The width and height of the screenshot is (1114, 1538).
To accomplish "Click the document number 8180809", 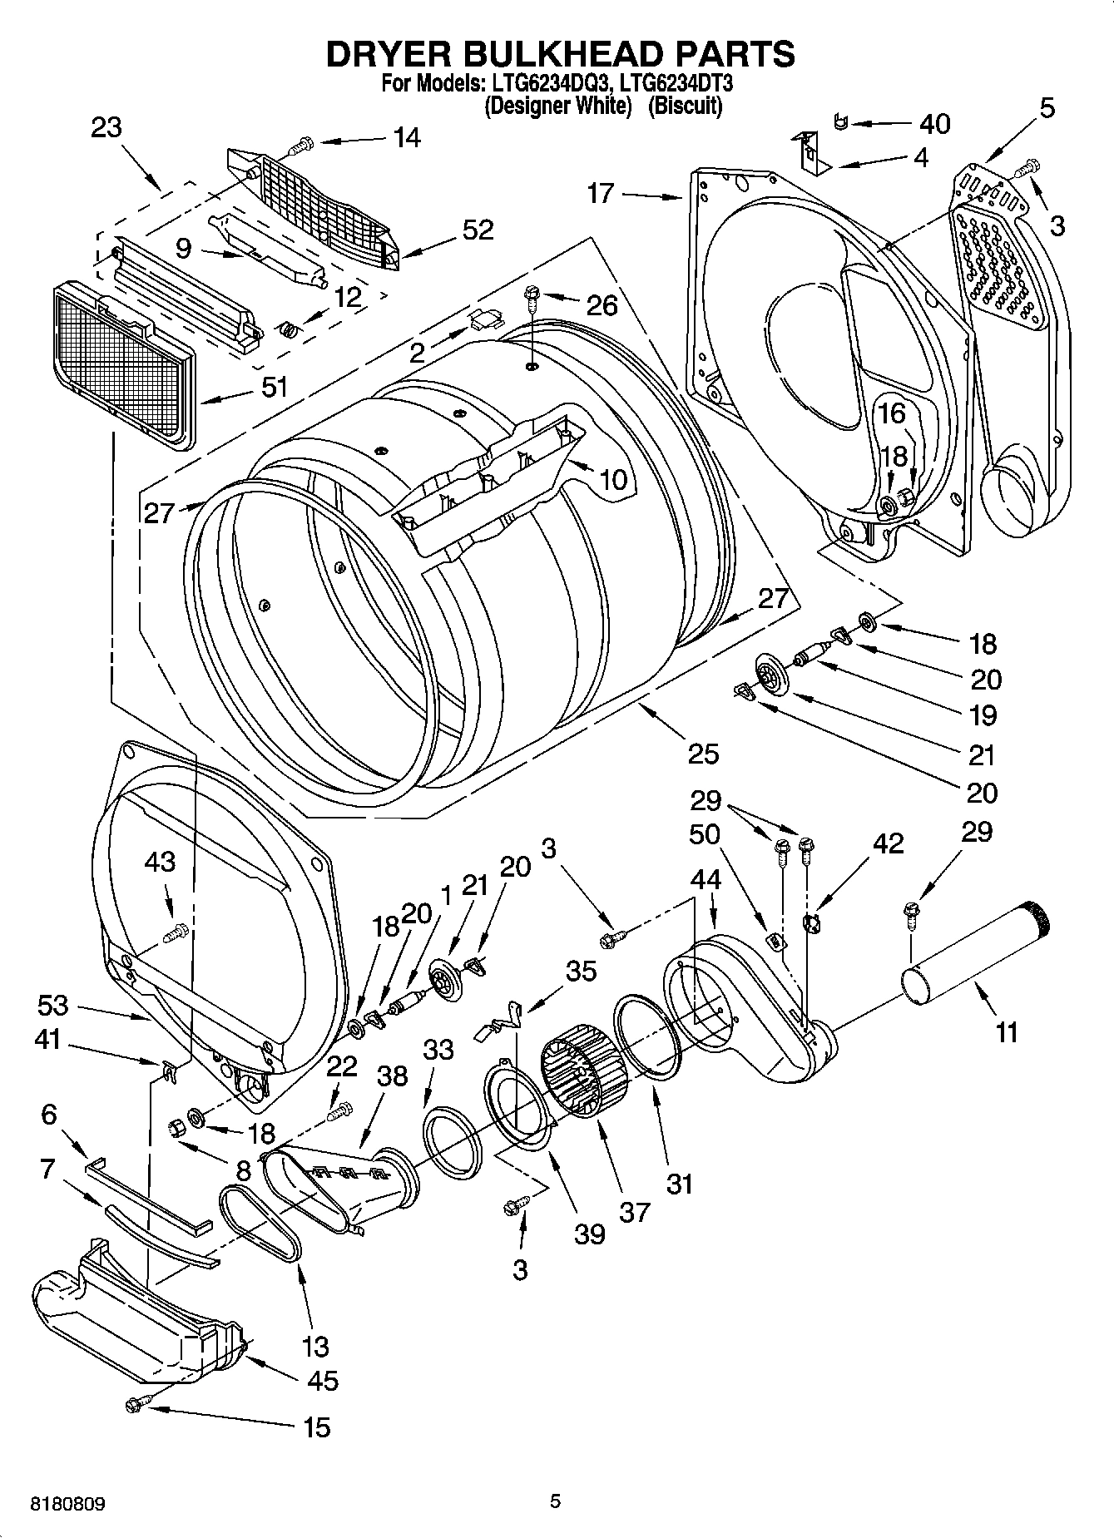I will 68,1504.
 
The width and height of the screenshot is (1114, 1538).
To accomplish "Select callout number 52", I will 478,230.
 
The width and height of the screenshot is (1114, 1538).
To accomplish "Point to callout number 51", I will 275,387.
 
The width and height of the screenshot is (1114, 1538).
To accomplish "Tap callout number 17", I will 600,194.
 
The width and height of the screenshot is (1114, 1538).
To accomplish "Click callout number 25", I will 703,754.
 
